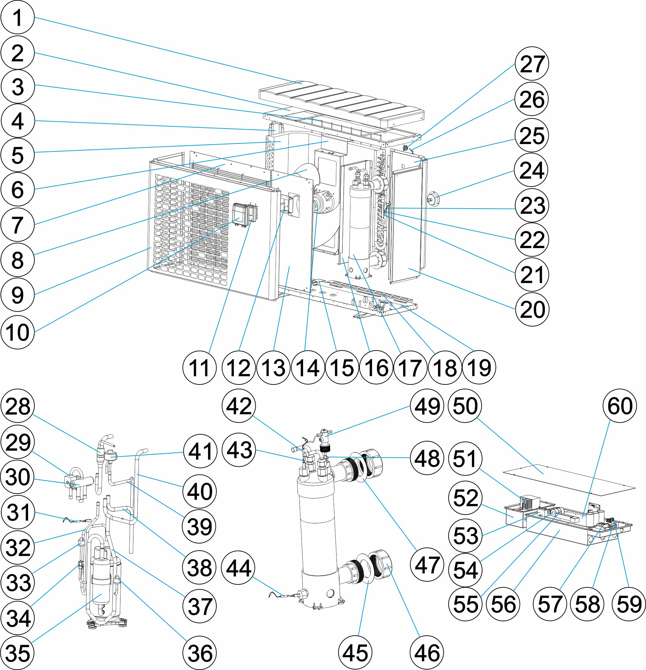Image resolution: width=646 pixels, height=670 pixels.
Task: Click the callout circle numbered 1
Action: click(x=18, y=17)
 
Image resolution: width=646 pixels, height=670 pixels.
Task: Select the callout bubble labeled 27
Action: click(x=532, y=64)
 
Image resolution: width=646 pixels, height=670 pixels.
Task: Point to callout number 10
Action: click(x=18, y=332)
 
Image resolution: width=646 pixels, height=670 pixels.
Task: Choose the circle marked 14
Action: click(x=307, y=368)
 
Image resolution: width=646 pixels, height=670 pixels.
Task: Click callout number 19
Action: click(x=479, y=368)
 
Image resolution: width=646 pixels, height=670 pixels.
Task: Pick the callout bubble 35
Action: click(x=18, y=653)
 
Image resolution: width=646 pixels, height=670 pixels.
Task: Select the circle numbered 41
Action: click(x=200, y=451)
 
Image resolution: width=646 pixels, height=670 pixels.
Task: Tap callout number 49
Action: click(x=427, y=406)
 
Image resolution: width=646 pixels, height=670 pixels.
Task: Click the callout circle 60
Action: click(x=620, y=406)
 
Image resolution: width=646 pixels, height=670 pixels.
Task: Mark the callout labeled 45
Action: click(x=355, y=653)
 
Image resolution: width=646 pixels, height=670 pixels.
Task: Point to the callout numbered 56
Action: click(x=503, y=604)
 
